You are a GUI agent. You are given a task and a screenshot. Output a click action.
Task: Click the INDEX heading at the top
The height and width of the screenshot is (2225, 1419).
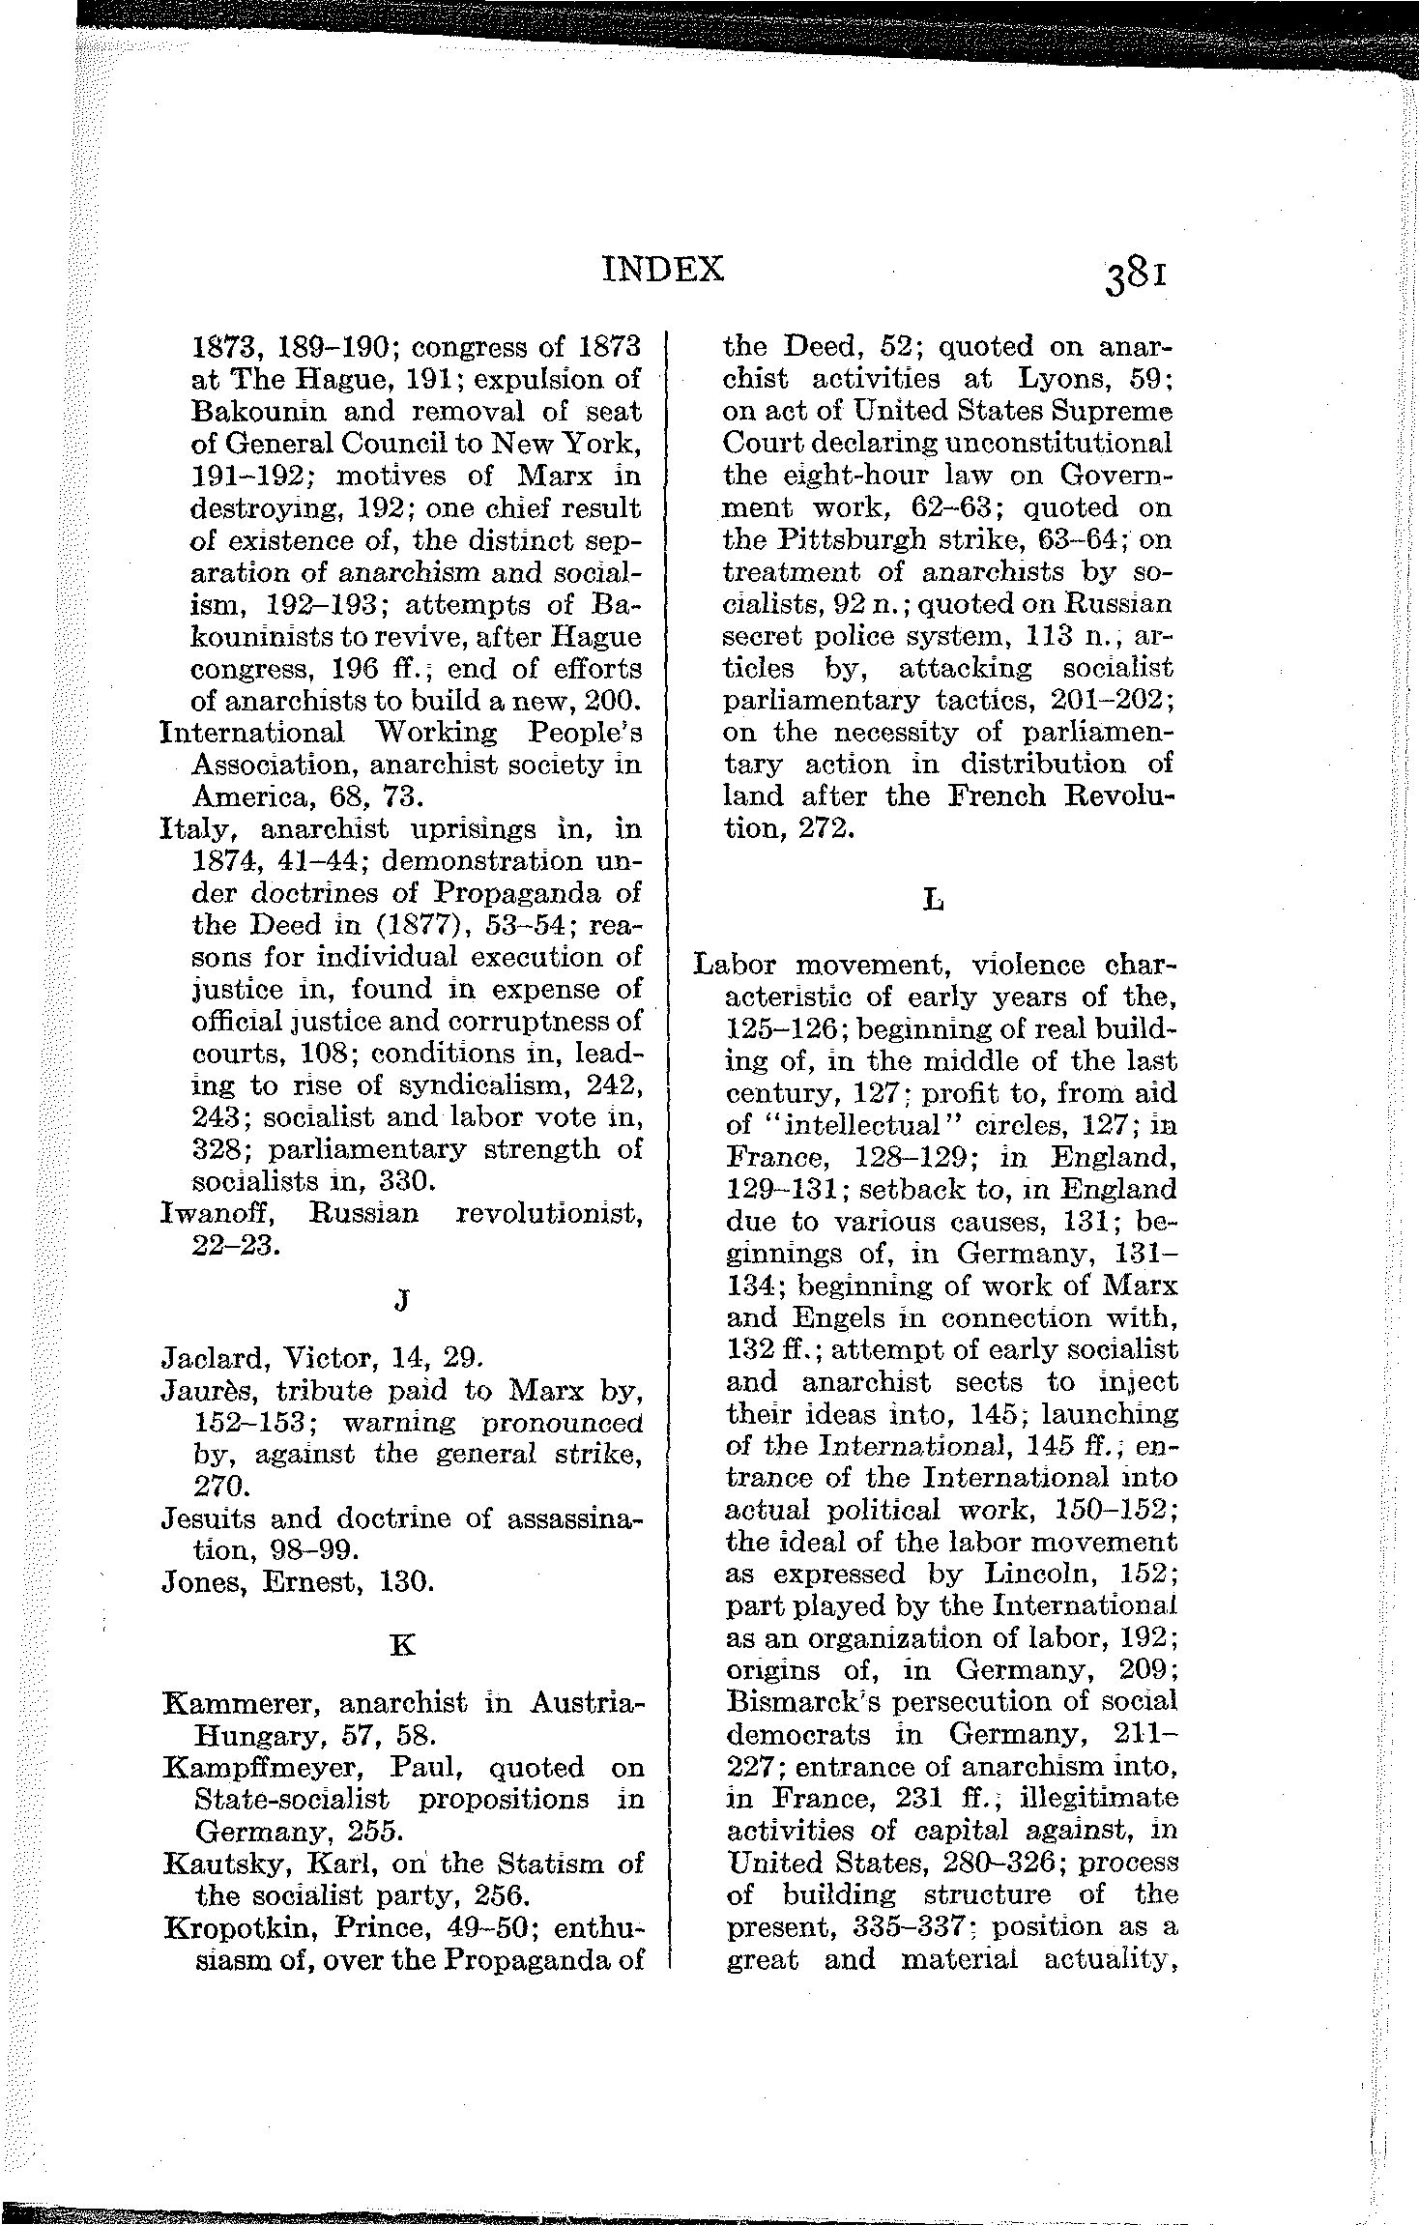click(x=662, y=269)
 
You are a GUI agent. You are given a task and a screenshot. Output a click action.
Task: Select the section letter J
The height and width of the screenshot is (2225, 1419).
click(x=401, y=1301)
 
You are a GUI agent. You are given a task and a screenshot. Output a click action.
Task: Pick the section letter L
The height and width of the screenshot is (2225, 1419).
click(x=933, y=901)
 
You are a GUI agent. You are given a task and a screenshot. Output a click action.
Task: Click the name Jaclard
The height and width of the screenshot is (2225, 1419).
click(x=212, y=1359)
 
